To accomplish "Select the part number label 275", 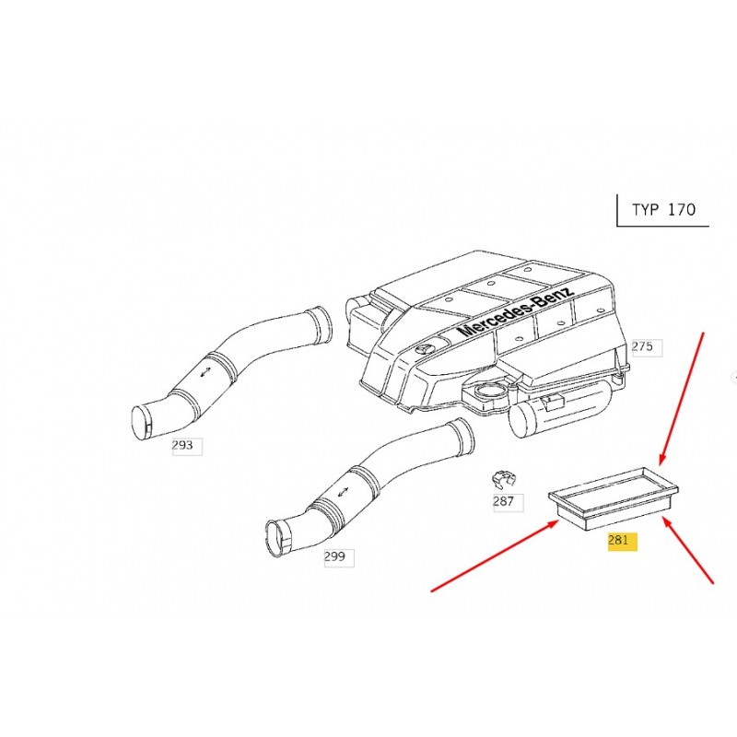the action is coord(642,347).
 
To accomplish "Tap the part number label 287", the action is coord(503,501).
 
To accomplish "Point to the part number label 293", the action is coord(182,445).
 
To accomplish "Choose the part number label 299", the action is coord(334,557).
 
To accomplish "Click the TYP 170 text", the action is coord(663,210).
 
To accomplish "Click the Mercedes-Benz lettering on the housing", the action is coord(516,311).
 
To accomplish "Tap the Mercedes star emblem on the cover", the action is coord(423,350).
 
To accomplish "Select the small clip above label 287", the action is coord(503,479).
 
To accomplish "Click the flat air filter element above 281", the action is coord(614,498).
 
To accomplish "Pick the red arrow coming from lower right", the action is coord(688,550).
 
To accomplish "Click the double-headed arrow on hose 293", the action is coord(205,371).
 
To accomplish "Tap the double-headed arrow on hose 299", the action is coord(342,493).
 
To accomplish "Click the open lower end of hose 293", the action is coord(141,424).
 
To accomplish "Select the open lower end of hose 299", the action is coord(277,538).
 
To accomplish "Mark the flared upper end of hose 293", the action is coord(320,325).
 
